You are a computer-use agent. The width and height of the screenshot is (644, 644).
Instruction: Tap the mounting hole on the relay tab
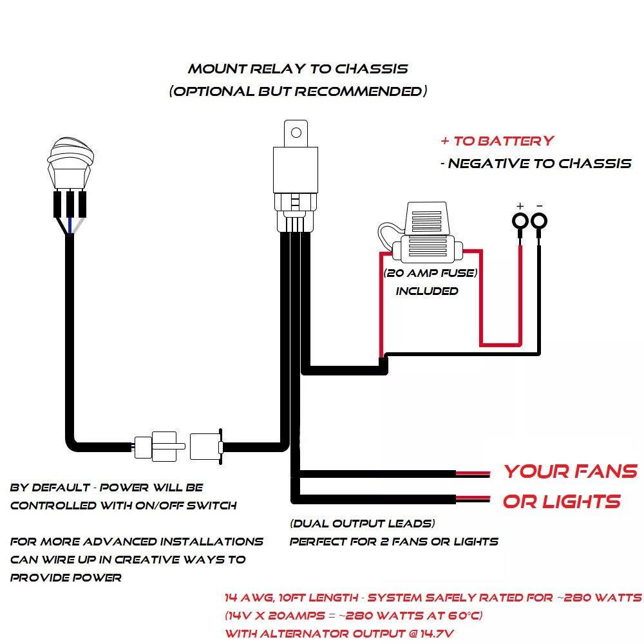296,133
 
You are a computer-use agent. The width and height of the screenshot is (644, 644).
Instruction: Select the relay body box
296,169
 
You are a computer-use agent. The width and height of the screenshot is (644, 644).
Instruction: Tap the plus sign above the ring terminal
520,206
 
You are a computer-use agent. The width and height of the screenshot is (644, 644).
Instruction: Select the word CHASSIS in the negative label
594,164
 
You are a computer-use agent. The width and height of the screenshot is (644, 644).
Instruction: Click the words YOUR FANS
570,471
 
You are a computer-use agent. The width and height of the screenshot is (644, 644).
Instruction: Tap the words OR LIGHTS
562,502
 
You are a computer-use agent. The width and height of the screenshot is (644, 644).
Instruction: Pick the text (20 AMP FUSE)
431,273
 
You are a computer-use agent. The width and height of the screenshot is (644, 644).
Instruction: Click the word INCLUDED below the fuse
427,291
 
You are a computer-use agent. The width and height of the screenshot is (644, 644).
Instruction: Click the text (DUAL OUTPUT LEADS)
363,524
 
